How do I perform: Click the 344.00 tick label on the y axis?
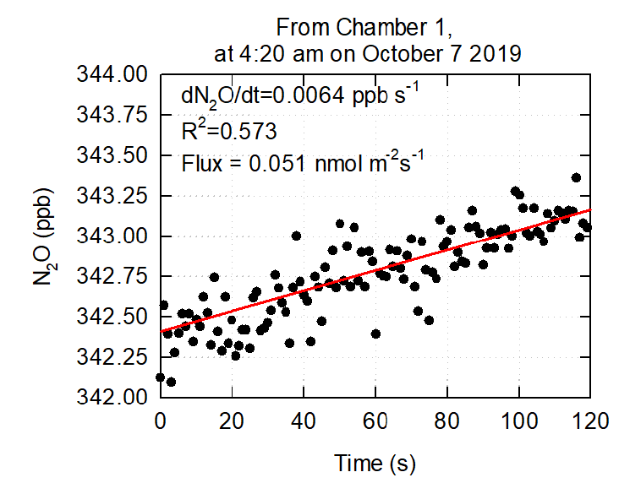pos(112,75)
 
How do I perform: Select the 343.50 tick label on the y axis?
pos(112,155)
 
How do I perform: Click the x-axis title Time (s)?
pos(375,462)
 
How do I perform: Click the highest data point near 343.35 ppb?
pos(576,177)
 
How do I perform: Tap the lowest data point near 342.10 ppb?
pos(171,382)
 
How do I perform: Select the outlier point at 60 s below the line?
pos(375,334)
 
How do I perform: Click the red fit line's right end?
pos(590,210)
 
